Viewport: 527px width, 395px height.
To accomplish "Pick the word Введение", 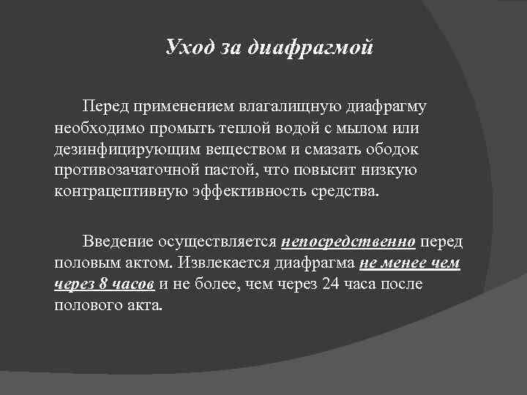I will [x=119, y=241].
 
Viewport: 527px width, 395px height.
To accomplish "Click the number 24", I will [x=330, y=284].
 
